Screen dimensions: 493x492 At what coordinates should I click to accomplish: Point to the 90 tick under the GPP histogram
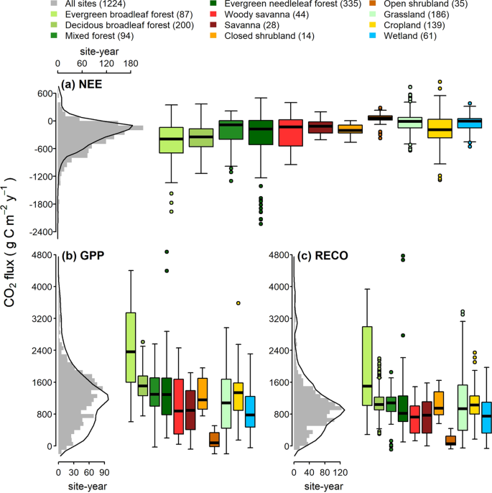104,473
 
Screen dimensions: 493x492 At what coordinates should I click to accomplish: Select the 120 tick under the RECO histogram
340,473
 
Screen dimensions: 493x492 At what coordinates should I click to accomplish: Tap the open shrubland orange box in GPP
213,439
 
